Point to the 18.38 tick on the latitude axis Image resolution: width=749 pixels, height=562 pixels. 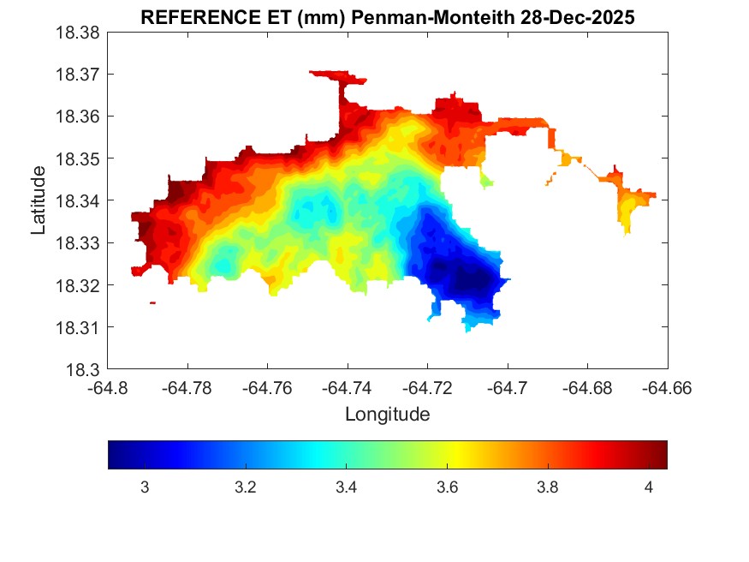(78, 33)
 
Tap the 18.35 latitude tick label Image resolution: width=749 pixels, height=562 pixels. (78, 158)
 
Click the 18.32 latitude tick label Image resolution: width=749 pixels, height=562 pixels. (78, 285)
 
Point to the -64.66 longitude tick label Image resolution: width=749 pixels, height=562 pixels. (667, 388)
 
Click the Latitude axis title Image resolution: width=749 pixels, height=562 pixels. (39, 200)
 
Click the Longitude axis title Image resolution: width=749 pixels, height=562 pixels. (387, 415)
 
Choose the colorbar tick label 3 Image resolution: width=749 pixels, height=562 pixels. (145, 487)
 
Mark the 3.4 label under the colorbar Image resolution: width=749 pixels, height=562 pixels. (346, 487)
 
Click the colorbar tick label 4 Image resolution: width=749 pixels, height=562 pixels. (648, 487)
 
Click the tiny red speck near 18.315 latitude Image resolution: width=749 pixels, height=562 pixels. (152, 302)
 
